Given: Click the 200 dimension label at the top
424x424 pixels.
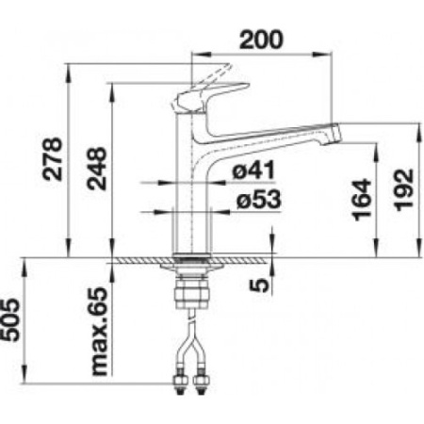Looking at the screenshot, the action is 261,40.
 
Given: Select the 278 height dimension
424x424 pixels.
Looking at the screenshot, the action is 53,159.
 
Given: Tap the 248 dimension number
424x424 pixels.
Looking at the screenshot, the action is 97,169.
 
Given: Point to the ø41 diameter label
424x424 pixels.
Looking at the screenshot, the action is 253,170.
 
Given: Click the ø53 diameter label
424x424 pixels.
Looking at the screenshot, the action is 258,199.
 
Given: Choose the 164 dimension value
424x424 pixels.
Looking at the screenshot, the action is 362,200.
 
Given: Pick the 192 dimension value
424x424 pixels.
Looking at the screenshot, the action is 403,190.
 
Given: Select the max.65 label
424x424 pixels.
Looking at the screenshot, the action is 99,332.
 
